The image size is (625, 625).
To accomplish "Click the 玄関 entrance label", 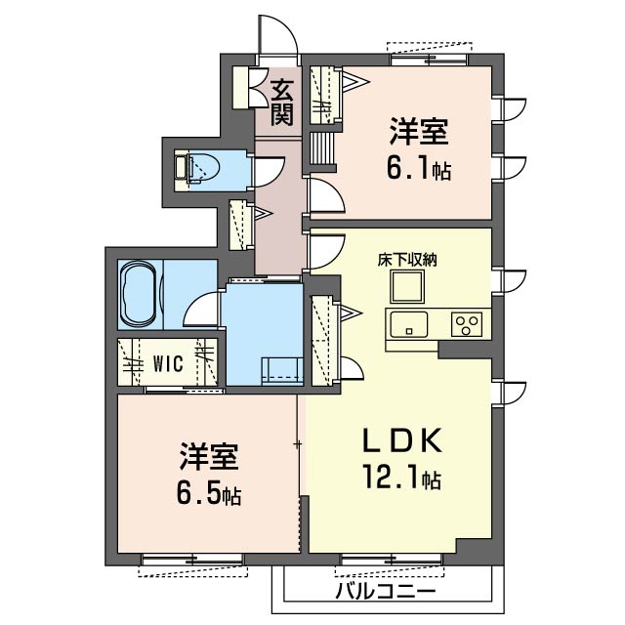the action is tap(282, 103).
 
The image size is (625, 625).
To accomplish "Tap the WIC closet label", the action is tap(169, 363).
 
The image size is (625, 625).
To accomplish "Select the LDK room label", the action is tap(402, 440).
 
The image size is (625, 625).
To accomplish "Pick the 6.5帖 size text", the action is tap(208, 494).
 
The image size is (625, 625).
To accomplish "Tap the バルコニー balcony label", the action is tap(385, 590).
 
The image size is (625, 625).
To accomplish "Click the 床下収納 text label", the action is tap(407, 260).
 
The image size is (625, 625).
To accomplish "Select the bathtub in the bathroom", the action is tap(139, 294).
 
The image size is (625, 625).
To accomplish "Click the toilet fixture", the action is tap(198, 169).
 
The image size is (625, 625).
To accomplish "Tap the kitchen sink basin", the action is tap(409, 324).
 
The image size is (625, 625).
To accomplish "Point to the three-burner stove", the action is tap(467, 324).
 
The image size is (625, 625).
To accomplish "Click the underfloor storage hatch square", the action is tap(407, 286).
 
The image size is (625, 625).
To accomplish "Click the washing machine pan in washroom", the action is tap(282, 371).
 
